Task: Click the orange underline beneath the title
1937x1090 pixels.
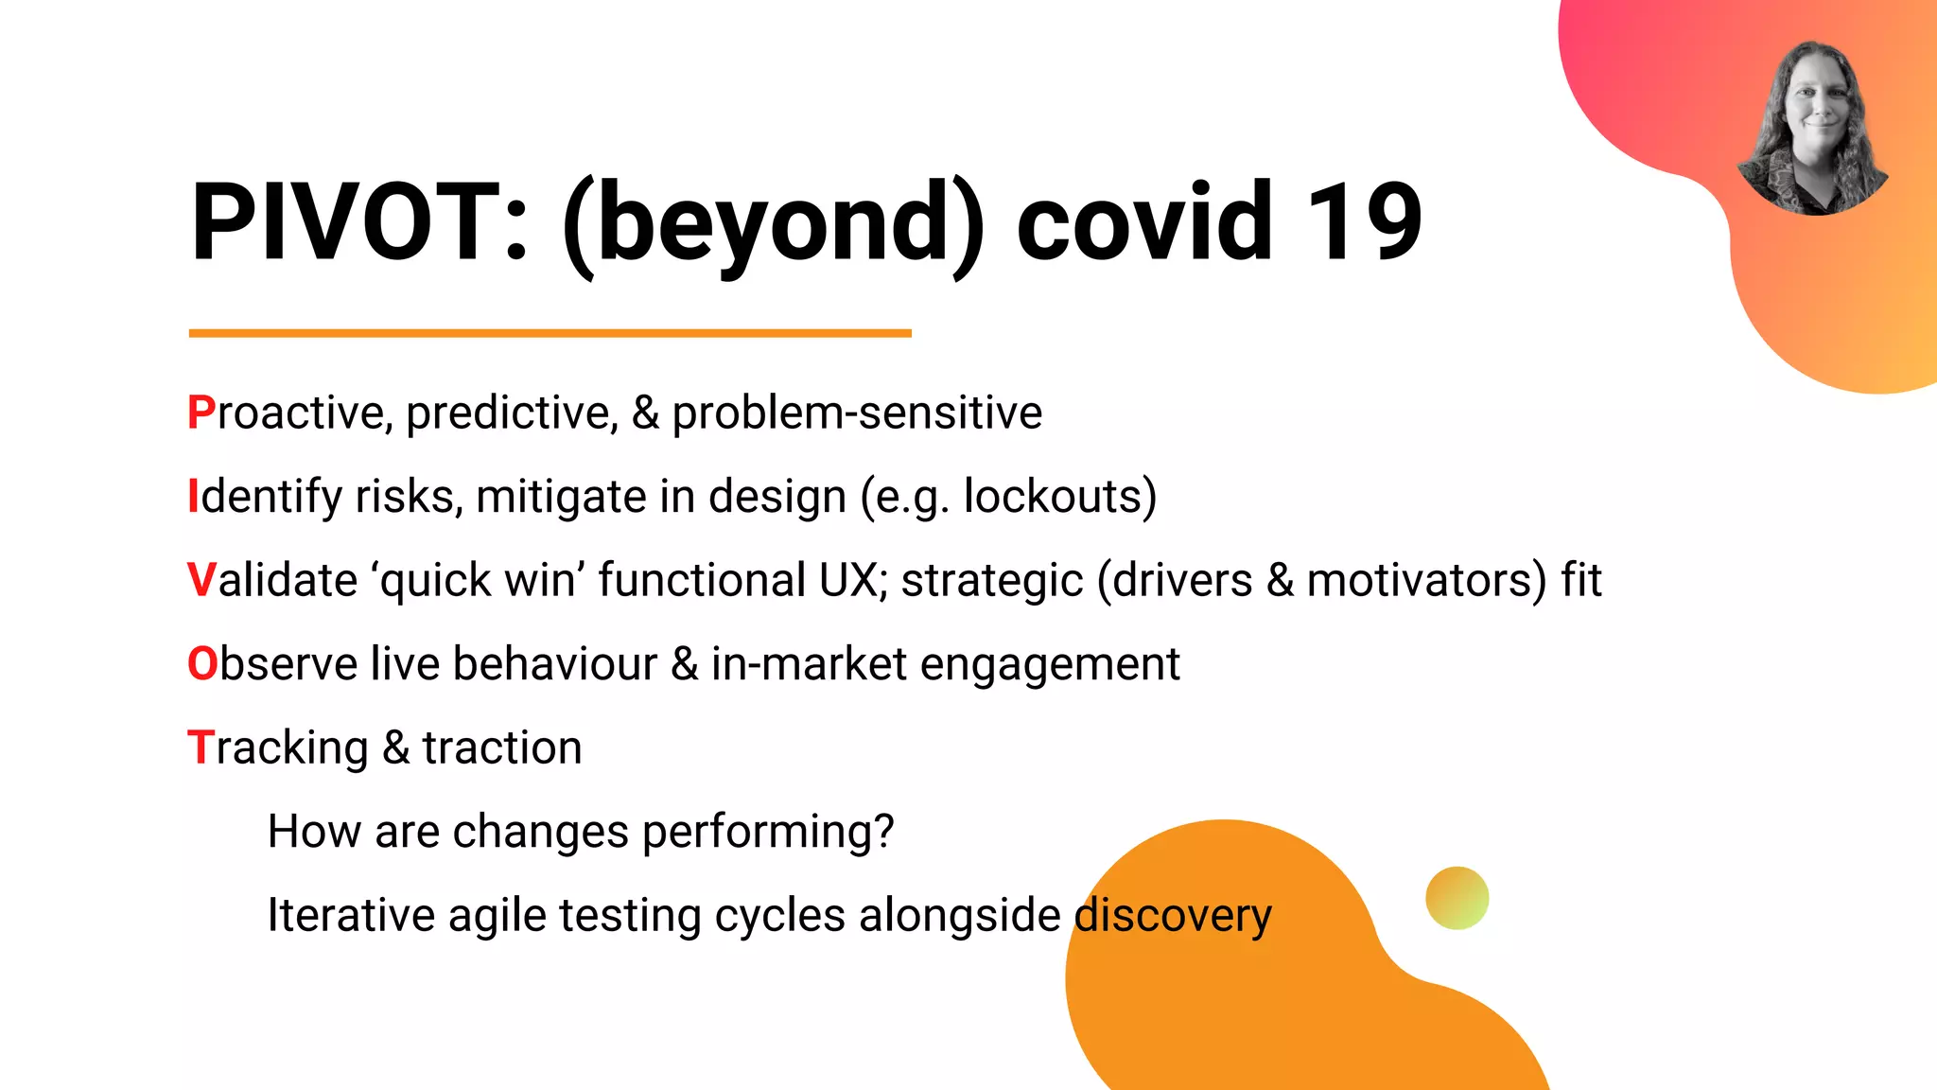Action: (550, 333)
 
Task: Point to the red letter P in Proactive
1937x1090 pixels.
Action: (201, 413)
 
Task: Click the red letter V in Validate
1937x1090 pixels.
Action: (202, 581)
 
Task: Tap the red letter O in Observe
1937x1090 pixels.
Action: (203, 664)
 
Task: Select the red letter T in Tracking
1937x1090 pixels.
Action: (200, 748)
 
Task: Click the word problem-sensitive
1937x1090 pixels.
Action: (856, 413)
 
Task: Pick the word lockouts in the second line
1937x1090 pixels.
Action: (1053, 497)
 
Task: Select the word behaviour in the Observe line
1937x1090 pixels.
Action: (554, 664)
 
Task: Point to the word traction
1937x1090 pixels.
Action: (501, 748)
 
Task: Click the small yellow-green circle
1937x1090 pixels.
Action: (1457, 898)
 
